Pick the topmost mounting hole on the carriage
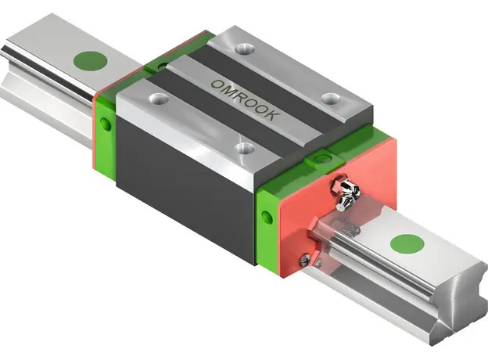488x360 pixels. click(245, 49)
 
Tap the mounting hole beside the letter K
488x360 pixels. click(332, 99)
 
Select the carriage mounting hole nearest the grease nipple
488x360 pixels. click(246, 148)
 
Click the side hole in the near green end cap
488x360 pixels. click(267, 218)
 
